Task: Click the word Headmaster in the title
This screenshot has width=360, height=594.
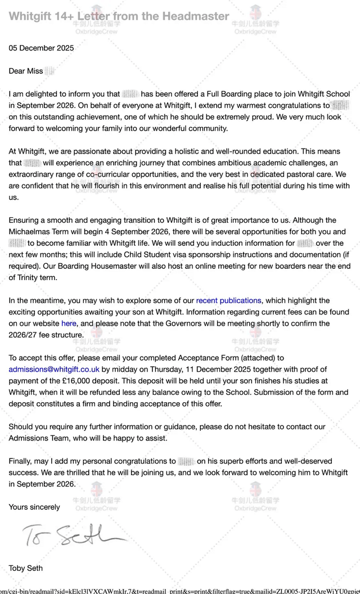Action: (x=196, y=16)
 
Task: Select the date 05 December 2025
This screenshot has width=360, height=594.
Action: (x=41, y=48)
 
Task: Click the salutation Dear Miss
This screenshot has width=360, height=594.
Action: (x=26, y=71)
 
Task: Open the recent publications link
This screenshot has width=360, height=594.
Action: (x=228, y=300)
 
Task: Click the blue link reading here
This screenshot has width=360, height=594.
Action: (x=69, y=323)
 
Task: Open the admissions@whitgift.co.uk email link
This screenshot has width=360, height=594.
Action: (x=54, y=370)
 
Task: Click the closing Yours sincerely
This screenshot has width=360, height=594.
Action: (x=34, y=507)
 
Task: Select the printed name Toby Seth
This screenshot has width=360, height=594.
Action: (x=25, y=568)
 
